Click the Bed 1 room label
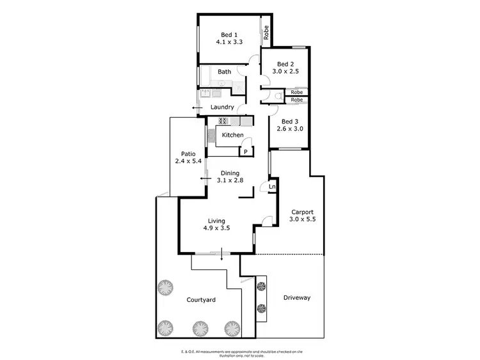point(229,35)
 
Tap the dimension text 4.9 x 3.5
point(216,228)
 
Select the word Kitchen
point(232,135)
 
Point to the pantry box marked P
point(245,152)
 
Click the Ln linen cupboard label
point(271,187)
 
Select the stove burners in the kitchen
point(223,121)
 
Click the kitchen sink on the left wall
point(210,136)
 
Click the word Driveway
point(296,297)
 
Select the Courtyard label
point(200,300)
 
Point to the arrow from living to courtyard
point(222,256)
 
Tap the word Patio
point(188,153)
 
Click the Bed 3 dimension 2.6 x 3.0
point(289,129)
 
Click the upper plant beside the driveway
point(260,286)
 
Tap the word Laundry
point(221,107)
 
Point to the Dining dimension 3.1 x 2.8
point(230,180)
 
